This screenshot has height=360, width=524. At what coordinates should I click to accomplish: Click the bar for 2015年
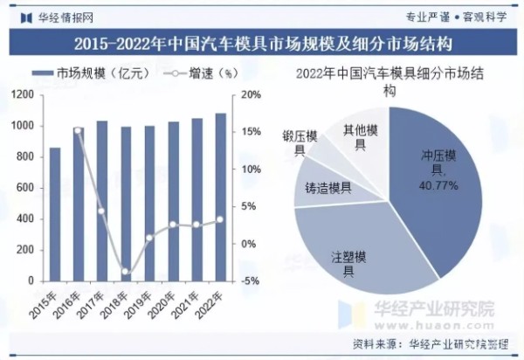[x=55, y=214]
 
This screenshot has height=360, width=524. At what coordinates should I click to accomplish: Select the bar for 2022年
[x=220, y=197]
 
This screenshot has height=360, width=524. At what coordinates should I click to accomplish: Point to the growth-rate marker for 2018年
[x=126, y=272]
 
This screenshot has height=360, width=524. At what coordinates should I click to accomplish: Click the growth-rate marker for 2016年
[x=79, y=131]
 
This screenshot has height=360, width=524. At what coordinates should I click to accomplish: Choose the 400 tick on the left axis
[x=26, y=218]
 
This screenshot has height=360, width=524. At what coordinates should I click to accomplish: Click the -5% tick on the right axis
[x=250, y=280]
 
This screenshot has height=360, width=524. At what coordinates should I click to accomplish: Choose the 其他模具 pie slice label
[x=360, y=137]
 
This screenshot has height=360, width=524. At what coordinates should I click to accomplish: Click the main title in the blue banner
[x=262, y=42]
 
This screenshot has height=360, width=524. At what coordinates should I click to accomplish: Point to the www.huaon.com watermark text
[x=434, y=322]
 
